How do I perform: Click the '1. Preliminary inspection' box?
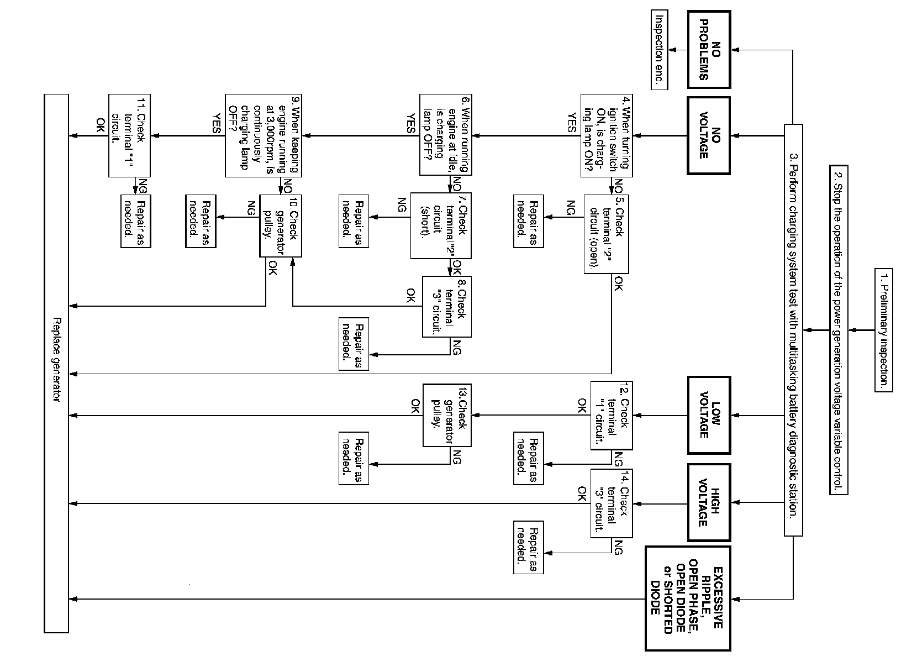[x=883, y=330]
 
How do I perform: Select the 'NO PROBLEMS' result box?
[x=709, y=49]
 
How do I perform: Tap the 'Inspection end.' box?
[x=659, y=49]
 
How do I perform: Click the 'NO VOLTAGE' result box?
[x=709, y=136]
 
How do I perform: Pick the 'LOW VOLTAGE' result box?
[x=709, y=415]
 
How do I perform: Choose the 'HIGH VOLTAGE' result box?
[x=709, y=502]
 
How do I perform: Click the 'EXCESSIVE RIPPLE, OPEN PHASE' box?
[x=688, y=599]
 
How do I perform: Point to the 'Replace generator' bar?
[x=56, y=363]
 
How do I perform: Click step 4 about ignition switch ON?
[x=606, y=136]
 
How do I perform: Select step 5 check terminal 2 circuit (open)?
[x=607, y=234]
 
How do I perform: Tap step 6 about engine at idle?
[x=445, y=135]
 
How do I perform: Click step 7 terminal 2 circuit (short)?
[x=441, y=225]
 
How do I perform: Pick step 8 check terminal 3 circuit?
[x=446, y=306]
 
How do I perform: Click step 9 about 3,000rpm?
[x=263, y=136]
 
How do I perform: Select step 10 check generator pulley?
[x=281, y=225]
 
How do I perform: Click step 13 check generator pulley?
[x=446, y=415]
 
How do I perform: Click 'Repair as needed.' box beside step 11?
[x=135, y=221]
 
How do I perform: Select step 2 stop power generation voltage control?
[x=838, y=330]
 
